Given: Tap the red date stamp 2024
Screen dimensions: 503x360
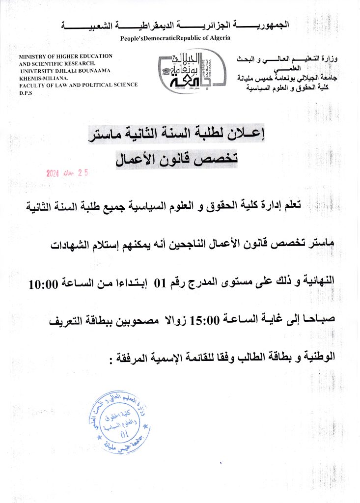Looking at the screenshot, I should click(x=53, y=173).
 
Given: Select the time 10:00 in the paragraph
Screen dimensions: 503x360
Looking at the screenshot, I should click(x=46, y=284).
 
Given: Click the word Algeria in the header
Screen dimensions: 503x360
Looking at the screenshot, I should click(x=218, y=38).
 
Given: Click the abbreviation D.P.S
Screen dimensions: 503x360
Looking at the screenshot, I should click(x=26, y=92).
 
